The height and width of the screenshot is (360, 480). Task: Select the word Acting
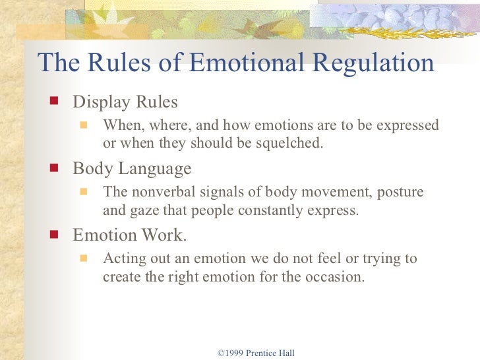122,258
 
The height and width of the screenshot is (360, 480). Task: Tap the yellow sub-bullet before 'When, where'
84,124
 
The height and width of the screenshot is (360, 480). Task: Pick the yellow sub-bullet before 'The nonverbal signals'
84,191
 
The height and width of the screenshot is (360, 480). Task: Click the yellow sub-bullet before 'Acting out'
84,257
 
